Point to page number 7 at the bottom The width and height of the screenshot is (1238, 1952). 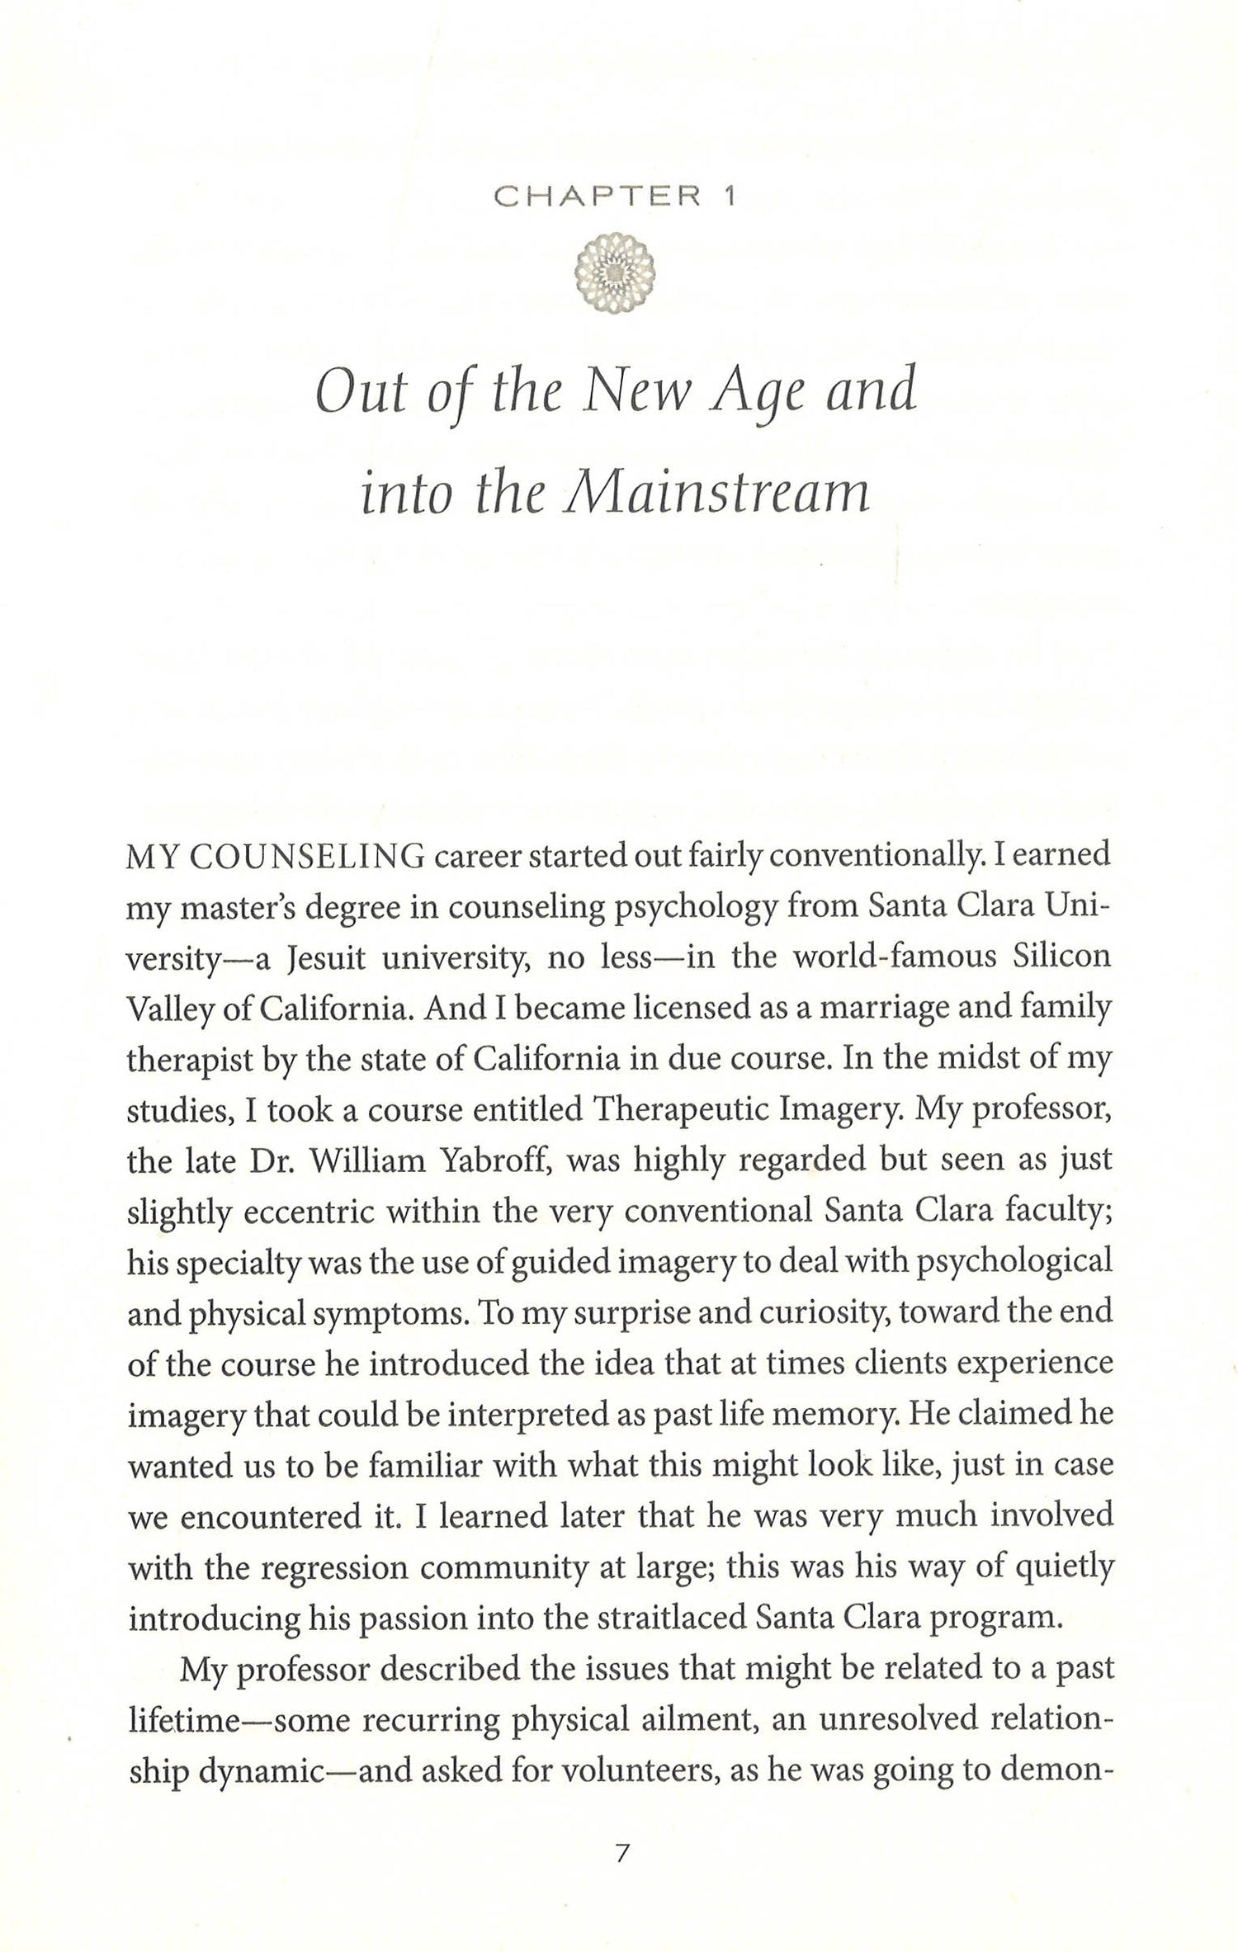point(621,1896)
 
